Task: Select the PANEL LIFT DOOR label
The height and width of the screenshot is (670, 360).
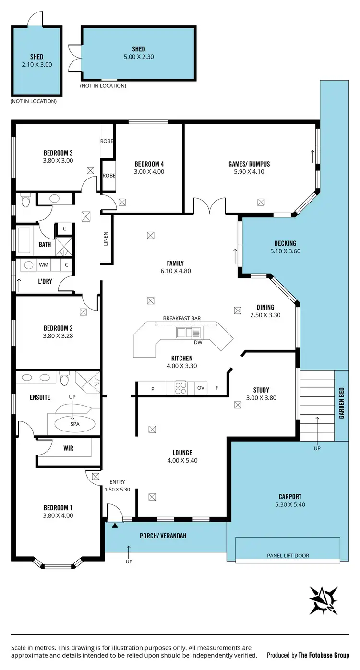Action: (288, 556)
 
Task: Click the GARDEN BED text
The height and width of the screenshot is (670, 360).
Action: (342, 404)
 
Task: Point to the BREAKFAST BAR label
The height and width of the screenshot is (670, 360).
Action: (182, 318)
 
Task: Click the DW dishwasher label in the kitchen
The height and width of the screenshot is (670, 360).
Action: (198, 342)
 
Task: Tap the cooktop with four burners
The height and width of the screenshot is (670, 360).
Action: (180, 388)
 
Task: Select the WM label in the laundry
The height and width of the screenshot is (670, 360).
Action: (44, 264)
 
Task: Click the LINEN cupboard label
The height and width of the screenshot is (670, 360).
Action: (106, 239)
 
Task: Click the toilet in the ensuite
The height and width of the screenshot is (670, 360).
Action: (65, 379)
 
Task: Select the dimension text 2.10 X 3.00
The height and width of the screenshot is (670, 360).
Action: (37, 64)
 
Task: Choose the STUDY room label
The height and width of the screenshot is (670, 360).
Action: (261, 390)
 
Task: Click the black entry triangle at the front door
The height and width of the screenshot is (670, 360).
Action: (114, 526)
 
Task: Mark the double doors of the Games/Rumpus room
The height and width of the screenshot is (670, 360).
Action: (209, 205)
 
